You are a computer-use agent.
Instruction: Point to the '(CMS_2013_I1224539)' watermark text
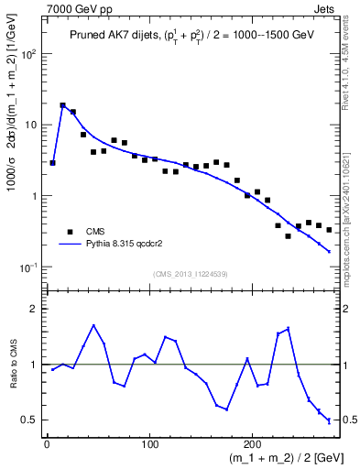tap(191, 274)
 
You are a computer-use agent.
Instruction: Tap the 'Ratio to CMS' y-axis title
tap(13, 365)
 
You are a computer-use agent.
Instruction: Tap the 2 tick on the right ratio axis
tap(346, 309)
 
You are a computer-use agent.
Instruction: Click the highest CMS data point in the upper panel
tap(62, 105)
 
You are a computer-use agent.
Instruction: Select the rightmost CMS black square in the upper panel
tap(329, 229)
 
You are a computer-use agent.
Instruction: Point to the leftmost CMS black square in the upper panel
tap(52, 163)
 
